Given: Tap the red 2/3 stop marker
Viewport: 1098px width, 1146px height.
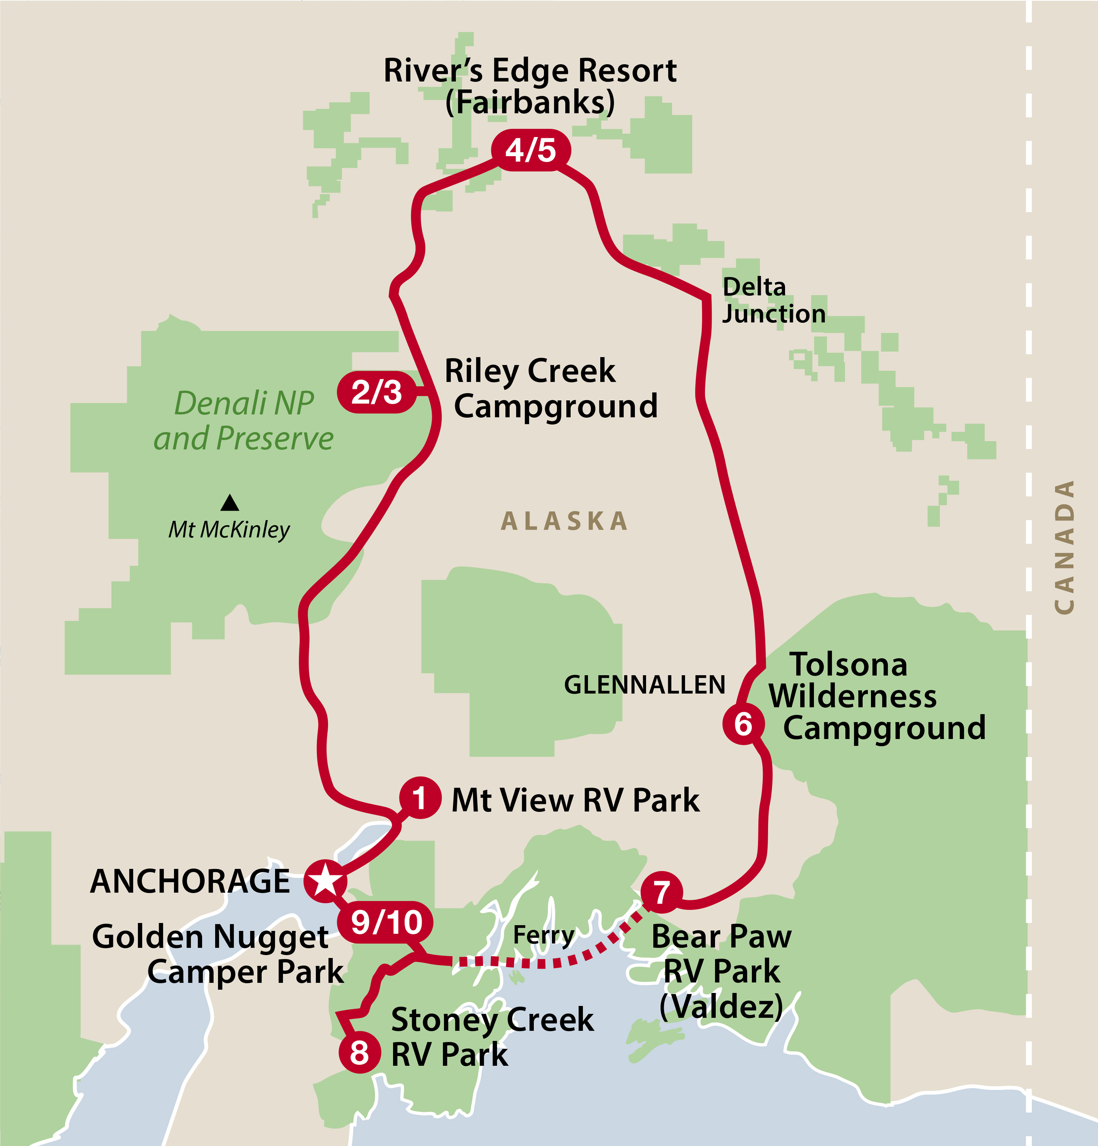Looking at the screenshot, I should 377,392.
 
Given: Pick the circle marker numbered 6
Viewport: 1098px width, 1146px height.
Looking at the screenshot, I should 744,724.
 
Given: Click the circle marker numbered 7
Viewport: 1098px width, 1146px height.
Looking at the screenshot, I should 662,892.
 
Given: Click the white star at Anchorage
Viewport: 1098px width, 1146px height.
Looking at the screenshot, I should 325,880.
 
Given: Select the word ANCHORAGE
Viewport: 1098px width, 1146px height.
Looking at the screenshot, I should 190,882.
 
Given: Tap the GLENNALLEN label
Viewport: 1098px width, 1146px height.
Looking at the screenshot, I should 644,685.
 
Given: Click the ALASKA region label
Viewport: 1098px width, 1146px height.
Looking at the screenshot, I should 565,521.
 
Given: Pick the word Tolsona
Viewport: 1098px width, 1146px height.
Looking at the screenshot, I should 848,665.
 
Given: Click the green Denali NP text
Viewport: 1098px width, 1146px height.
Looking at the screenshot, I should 245,403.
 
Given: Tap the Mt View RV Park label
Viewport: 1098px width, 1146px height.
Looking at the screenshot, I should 575,800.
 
